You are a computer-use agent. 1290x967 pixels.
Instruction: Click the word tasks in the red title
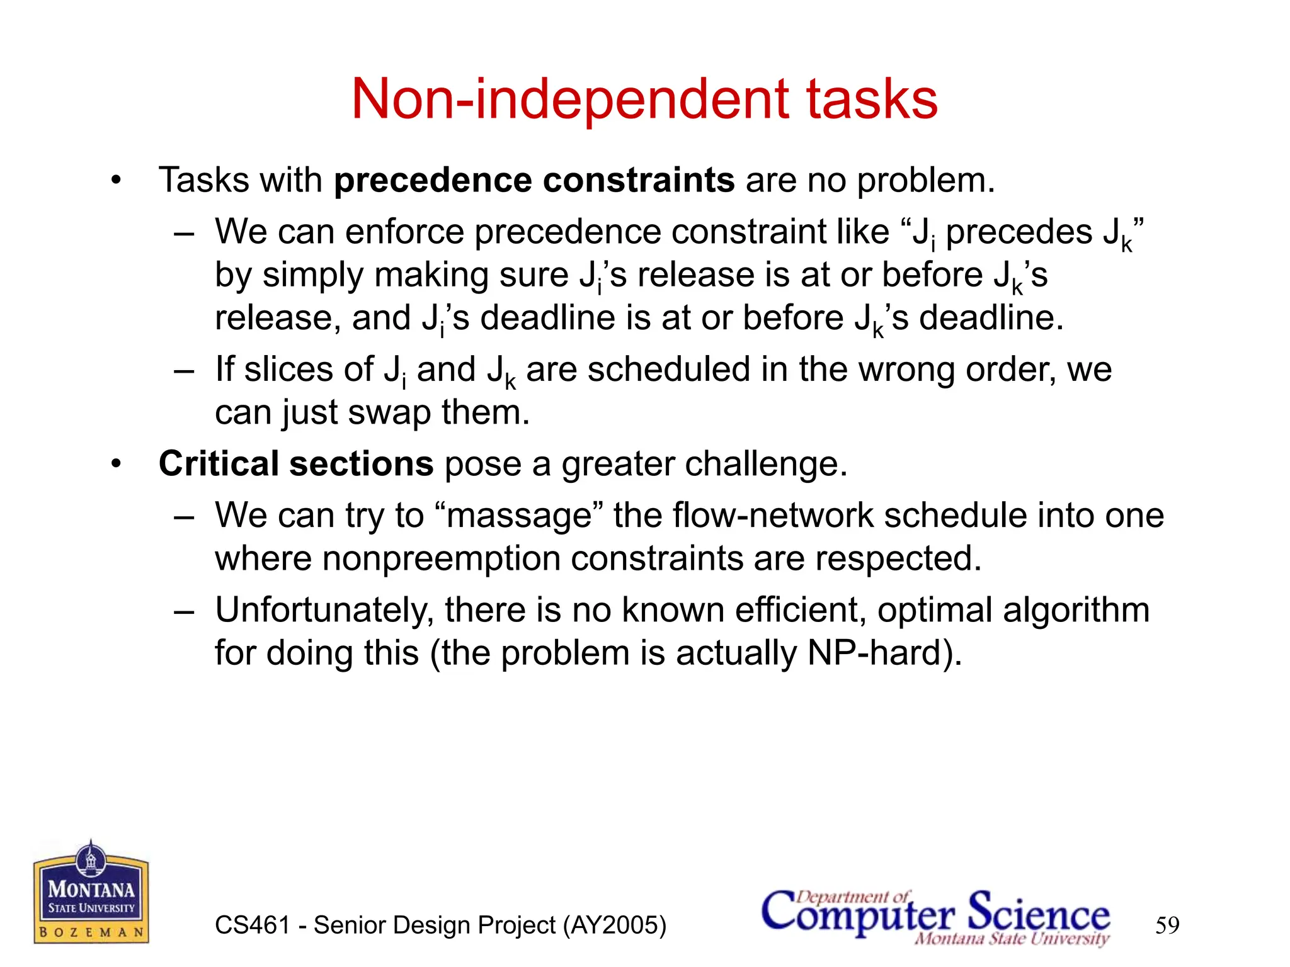coord(872,99)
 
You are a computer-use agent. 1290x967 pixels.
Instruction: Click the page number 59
coord(1167,925)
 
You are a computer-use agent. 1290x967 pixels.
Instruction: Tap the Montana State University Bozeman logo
coord(91,893)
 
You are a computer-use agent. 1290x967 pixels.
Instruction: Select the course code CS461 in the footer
coord(253,925)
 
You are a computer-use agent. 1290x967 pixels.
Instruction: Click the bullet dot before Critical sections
coord(115,465)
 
